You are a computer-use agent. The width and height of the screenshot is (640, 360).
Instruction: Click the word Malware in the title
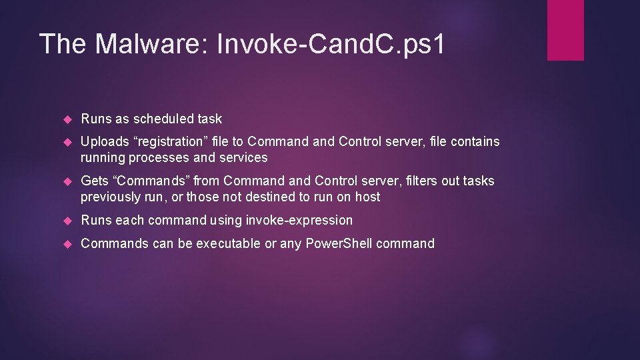tap(152, 43)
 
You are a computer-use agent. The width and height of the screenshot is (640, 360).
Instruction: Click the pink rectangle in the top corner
tap(565, 30)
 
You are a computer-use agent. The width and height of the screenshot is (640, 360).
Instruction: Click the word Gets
tap(94, 181)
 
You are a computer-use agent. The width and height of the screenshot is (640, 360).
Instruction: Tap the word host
tap(367, 197)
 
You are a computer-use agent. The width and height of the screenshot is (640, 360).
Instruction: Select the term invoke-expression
tap(299, 220)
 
